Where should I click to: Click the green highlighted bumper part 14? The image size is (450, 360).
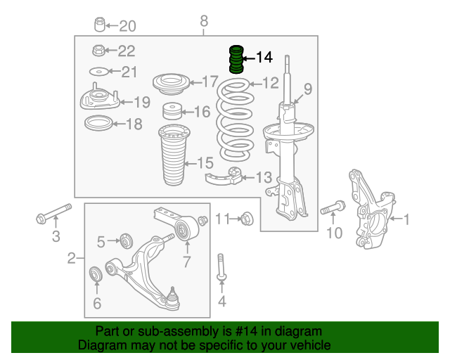click(x=236, y=59)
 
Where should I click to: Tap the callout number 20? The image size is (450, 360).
click(x=127, y=26)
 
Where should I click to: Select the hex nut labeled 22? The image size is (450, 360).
click(x=99, y=51)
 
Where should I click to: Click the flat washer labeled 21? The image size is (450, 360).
click(x=98, y=72)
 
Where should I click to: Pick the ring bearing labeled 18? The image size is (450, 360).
click(x=98, y=123)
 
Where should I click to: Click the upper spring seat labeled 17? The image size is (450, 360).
click(x=172, y=84)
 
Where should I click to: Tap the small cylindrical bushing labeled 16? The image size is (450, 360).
click(x=172, y=111)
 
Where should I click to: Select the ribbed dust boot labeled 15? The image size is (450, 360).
click(x=174, y=155)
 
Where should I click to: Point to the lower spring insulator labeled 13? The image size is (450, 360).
click(x=224, y=176)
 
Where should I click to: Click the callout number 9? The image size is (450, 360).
click(x=308, y=89)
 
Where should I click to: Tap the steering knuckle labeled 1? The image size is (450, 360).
click(x=372, y=209)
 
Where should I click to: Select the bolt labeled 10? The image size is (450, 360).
click(x=333, y=207)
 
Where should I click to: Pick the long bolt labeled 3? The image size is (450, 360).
click(x=53, y=214)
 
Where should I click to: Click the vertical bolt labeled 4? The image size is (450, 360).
click(x=221, y=268)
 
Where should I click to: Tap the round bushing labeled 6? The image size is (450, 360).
click(x=96, y=274)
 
